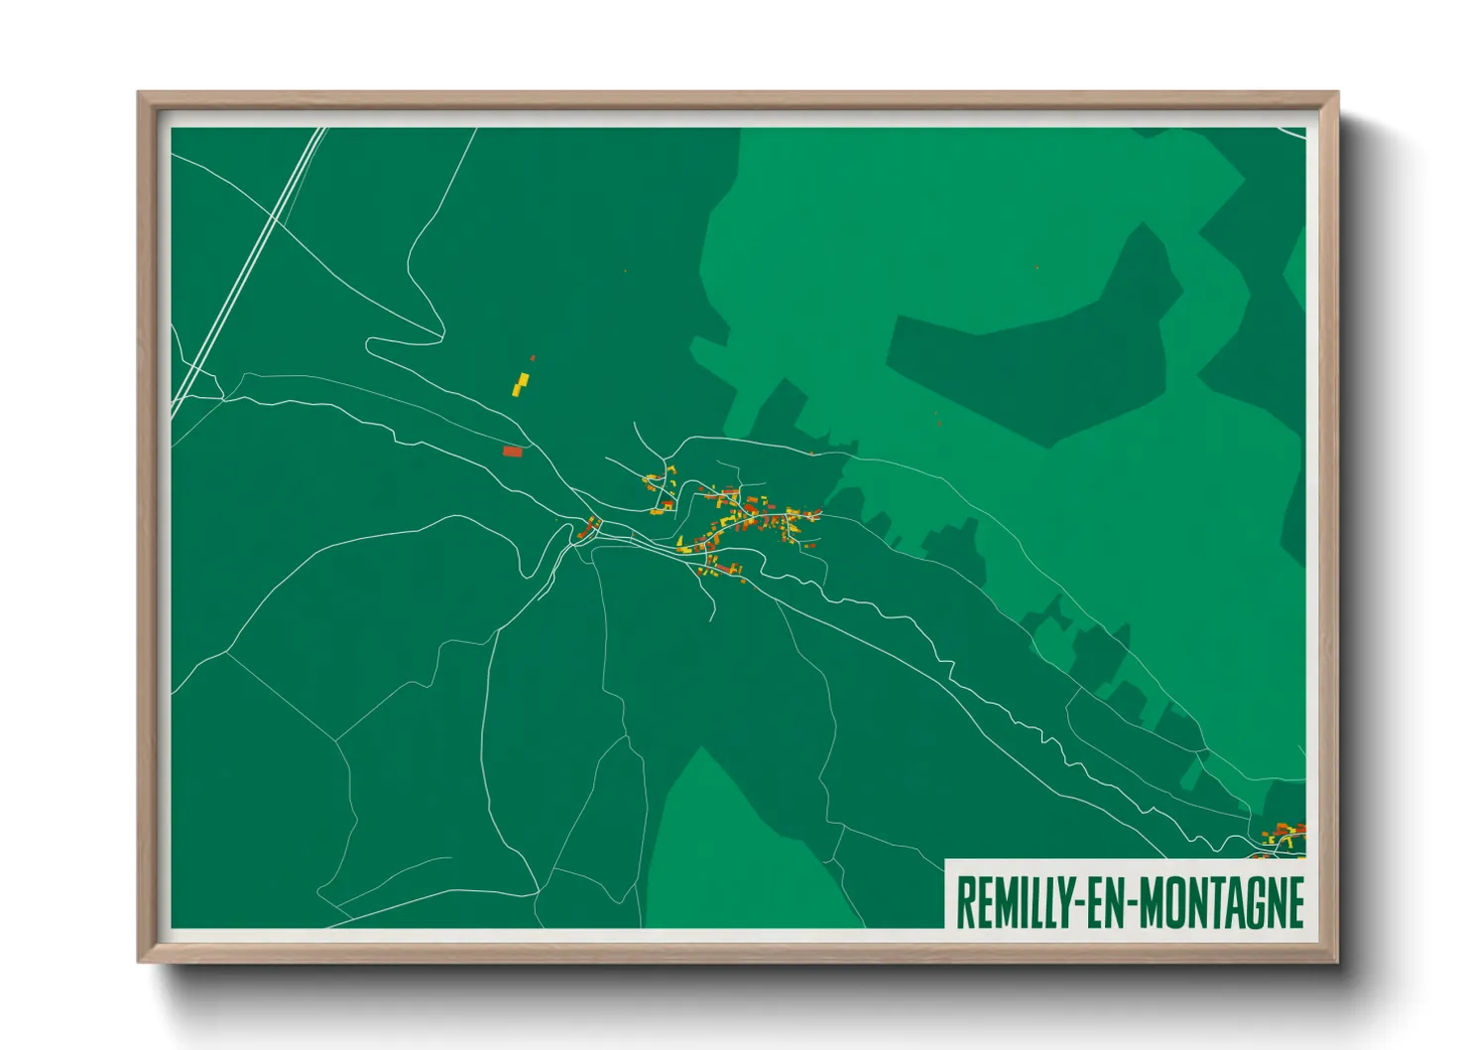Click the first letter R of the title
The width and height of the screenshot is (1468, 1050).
963,902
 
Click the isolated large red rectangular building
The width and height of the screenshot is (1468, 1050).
512,452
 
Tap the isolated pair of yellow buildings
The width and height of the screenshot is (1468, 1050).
520,384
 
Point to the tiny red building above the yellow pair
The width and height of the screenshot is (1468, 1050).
533,357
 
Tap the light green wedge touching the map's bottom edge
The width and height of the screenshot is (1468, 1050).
734,853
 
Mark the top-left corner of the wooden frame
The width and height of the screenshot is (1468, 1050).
141,95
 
